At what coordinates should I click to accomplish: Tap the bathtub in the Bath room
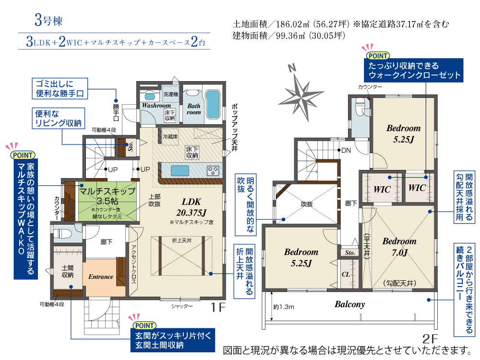coord(213,105)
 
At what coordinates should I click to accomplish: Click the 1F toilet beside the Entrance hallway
coord(64,233)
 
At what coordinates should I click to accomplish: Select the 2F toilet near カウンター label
coord(360,108)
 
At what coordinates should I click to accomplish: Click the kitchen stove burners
coord(213,170)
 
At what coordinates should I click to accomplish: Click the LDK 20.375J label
coord(192,207)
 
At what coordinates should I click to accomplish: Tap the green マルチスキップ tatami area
coord(107,201)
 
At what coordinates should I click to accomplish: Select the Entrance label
coord(101,277)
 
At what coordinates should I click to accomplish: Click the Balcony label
coord(349,304)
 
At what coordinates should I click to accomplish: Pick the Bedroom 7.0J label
coord(399,247)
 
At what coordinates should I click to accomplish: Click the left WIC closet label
coord(382,190)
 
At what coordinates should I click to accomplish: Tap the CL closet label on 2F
coord(346,274)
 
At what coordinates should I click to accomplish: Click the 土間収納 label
coord(68,271)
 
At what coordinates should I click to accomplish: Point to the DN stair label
coord(346,150)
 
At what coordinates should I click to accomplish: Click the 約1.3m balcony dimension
coord(284,307)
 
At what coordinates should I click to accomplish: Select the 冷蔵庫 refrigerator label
coord(170,136)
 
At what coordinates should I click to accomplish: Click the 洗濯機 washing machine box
coord(170,94)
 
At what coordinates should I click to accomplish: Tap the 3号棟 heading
coord(48,21)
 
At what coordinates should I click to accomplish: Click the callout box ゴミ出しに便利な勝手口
coord(60,88)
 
